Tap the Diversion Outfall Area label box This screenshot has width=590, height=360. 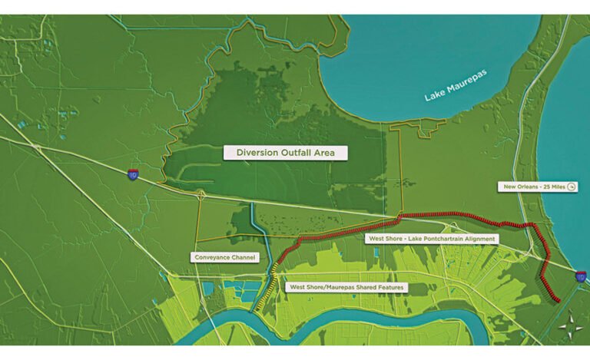click(x=285, y=153)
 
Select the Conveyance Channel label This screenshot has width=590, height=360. click(x=224, y=257)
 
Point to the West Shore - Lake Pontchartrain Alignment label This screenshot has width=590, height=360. click(x=430, y=239)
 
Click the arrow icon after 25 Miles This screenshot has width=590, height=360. click(x=571, y=187)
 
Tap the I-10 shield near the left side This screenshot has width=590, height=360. click(x=134, y=176)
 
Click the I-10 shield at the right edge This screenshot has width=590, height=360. click(x=580, y=276)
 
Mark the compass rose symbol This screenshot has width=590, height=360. click(x=569, y=327)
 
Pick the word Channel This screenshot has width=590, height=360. click(x=242, y=257)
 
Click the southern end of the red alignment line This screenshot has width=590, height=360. click(x=556, y=300)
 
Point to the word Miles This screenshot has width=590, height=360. click(x=555, y=187)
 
